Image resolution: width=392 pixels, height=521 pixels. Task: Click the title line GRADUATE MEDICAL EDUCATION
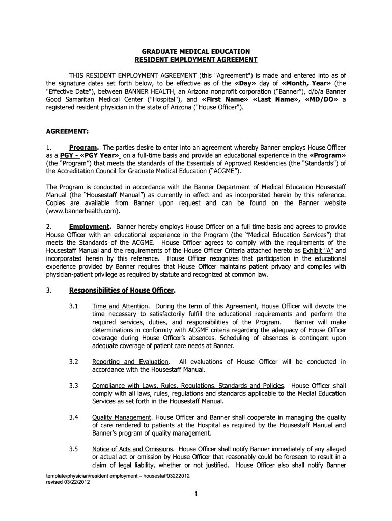195,51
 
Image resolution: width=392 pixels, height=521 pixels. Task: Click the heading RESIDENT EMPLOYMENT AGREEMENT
195,60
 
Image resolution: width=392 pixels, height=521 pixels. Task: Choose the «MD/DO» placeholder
320,100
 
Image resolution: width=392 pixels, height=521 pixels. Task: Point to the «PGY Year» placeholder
101,155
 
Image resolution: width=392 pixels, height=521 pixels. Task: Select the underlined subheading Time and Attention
120,306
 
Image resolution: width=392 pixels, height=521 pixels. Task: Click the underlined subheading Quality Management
122,417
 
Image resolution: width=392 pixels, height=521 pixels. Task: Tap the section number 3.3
74,386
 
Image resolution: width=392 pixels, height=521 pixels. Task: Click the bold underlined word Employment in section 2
90,226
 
